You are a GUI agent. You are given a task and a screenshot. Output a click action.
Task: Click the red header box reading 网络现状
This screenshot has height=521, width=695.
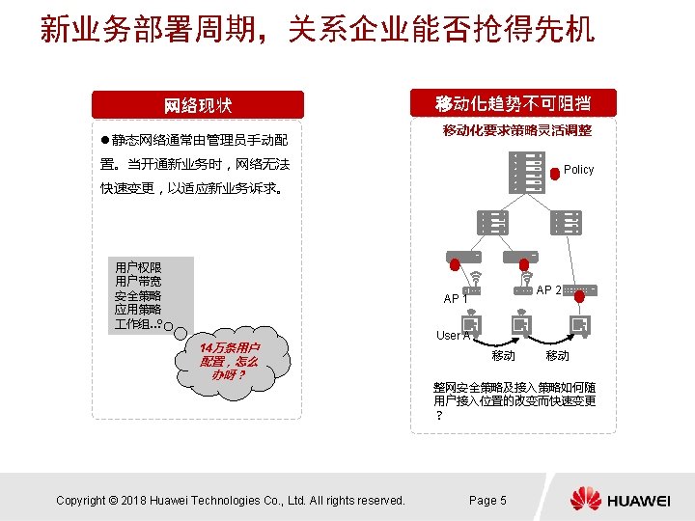197,104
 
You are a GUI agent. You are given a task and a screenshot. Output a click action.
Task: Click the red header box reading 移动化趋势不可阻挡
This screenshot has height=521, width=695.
513,103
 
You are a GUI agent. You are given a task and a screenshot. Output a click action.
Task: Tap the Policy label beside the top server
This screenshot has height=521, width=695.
578,170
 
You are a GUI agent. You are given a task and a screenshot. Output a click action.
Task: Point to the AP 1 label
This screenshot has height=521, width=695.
455,298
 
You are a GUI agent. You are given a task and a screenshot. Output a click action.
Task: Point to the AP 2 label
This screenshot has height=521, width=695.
548,289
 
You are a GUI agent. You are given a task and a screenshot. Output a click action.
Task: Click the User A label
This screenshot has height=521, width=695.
453,336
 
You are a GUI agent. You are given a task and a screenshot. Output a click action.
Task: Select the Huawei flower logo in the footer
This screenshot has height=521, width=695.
585,499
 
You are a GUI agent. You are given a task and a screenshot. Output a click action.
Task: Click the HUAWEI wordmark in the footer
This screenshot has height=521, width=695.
639,500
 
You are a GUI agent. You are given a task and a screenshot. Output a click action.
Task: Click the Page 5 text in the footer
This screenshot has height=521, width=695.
487,500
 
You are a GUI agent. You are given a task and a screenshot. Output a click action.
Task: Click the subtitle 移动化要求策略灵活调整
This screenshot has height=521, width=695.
516,130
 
